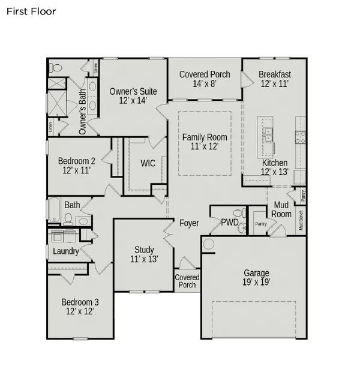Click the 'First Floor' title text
tap(31, 11)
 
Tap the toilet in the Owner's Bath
tap(53, 67)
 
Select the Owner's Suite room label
tap(133, 91)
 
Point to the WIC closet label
tap(148, 163)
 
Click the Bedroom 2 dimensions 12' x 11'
tap(76, 171)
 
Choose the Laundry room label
tap(65, 251)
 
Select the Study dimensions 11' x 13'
tap(144, 260)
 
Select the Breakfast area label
tap(275, 74)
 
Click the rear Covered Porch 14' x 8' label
tap(205, 79)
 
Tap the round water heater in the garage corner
tap(208, 244)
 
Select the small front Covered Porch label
tap(187, 281)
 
